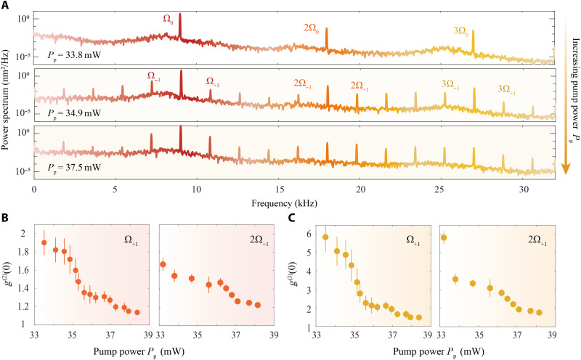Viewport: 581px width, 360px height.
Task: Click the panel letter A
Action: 5,6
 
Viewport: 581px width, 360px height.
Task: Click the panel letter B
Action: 5,216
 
